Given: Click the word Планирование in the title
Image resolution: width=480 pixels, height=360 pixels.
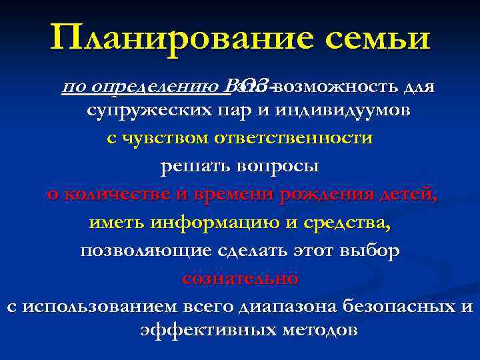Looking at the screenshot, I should click(x=177, y=39).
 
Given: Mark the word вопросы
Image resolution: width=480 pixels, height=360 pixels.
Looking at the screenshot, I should click(x=279, y=167).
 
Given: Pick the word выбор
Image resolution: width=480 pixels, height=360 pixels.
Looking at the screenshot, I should click(x=369, y=251).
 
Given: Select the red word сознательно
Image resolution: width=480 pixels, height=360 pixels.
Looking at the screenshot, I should click(x=240, y=278).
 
